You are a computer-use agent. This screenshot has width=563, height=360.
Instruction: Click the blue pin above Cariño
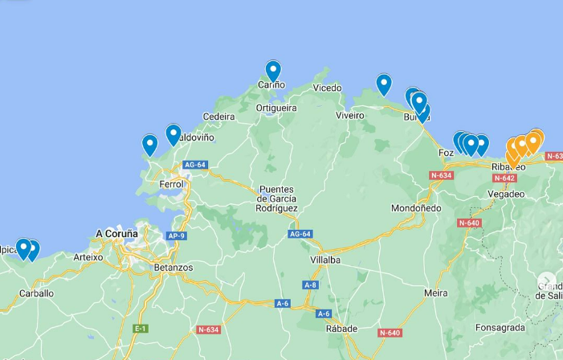pyautogui.click(x=273, y=71)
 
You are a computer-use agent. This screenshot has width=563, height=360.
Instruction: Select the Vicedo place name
pyautogui.click(x=327, y=88)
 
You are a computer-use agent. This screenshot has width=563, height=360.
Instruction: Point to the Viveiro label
pyautogui.click(x=349, y=116)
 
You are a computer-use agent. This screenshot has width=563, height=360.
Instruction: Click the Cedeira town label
pyautogui.click(x=218, y=117)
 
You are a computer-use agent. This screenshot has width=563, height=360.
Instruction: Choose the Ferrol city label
pyautogui.click(x=172, y=184)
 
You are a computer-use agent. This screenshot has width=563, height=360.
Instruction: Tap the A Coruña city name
pyautogui.click(x=116, y=234)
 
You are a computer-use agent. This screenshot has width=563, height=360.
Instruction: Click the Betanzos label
pyautogui.click(x=173, y=268)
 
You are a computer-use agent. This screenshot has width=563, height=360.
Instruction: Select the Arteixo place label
pyautogui.click(x=88, y=258)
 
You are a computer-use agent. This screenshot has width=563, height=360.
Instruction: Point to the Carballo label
pyautogui.click(x=36, y=293)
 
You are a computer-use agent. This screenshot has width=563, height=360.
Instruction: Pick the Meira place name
pyautogui.click(x=436, y=293)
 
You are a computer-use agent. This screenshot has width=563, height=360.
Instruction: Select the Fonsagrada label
pyautogui.click(x=500, y=328)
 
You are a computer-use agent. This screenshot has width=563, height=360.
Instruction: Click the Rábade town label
pyautogui.click(x=341, y=329)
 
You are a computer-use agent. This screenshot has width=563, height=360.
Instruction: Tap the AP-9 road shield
pyautogui.click(x=176, y=236)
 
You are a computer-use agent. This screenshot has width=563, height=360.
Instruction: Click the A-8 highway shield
pyautogui.click(x=310, y=285)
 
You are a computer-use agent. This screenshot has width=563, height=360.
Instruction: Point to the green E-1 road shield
pyautogui.click(x=141, y=329)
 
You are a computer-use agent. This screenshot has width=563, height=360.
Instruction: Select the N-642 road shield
pyautogui.click(x=504, y=178)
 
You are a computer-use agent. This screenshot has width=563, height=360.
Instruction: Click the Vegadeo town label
pyautogui.click(x=506, y=194)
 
